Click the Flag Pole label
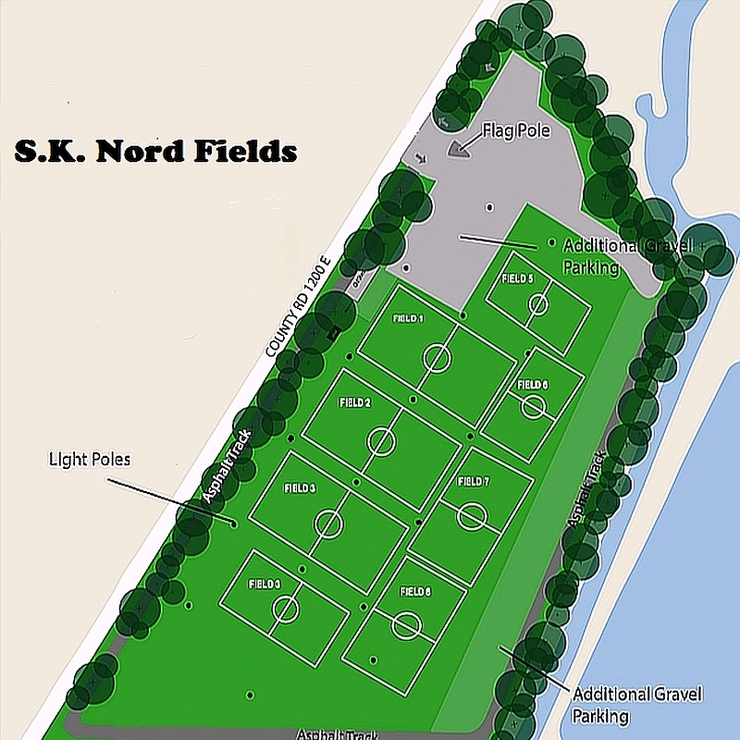(515, 131)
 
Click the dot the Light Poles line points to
(234, 524)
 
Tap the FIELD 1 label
(408, 318)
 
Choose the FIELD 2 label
(355, 403)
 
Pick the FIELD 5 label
(517, 278)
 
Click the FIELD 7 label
(473, 482)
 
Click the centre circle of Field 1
(437, 357)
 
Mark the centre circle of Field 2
(380, 441)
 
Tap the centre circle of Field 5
(537, 307)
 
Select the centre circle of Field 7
(472, 514)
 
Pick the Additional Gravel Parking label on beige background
(637, 705)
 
